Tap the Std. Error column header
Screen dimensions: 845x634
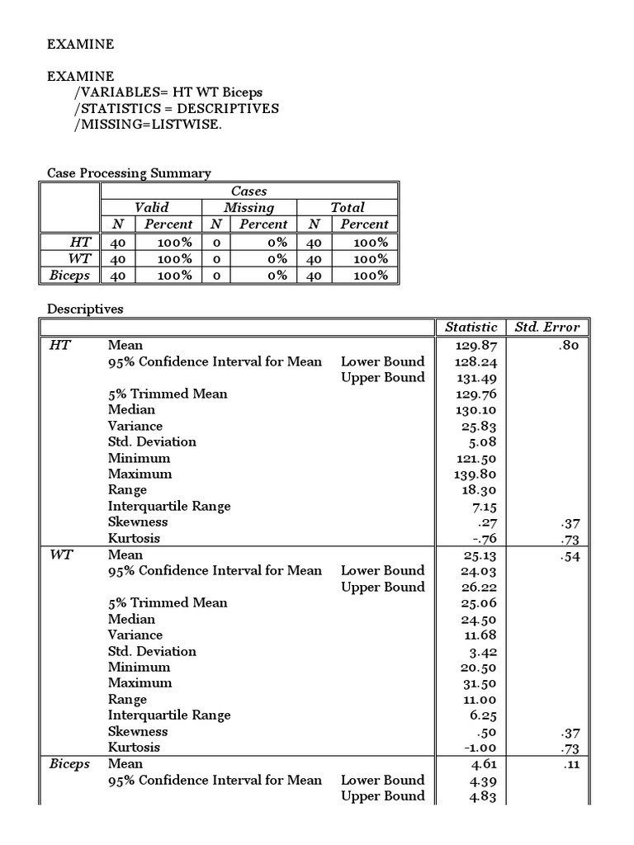click(x=546, y=327)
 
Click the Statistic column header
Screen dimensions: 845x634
click(x=471, y=327)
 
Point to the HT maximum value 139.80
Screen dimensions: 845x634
click(x=474, y=474)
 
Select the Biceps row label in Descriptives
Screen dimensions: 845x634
click(x=69, y=764)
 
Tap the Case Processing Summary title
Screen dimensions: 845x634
click(x=129, y=173)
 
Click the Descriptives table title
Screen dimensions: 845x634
click(x=85, y=309)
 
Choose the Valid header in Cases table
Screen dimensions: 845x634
click(x=151, y=207)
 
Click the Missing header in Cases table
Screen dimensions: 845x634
click(x=248, y=207)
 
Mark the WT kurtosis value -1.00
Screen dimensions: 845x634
click(x=477, y=748)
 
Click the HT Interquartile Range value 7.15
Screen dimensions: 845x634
click(x=481, y=506)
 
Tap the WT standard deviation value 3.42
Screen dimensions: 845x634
click(x=481, y=651)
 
